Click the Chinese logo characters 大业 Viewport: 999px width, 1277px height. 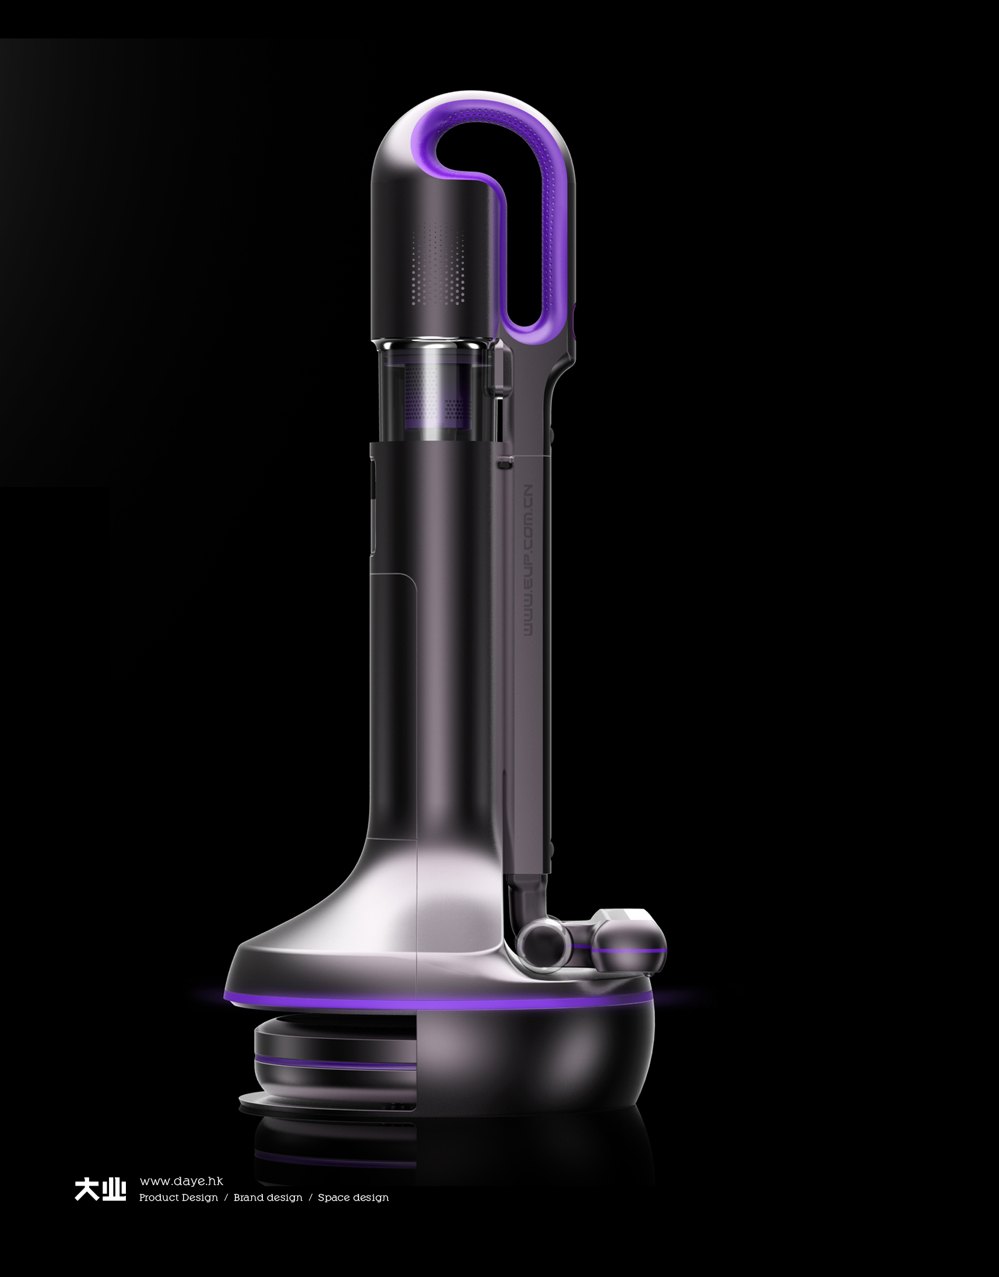pos(100,1189)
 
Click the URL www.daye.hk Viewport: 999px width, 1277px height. pos(181,1181)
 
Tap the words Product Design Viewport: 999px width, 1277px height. pos(178,1198)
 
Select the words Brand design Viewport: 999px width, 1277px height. pos(268,1198)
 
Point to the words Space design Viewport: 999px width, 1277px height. pos(353,1198)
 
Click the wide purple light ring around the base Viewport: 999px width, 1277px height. pos(439,1003)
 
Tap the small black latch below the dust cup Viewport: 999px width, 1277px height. pos(505,464)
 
